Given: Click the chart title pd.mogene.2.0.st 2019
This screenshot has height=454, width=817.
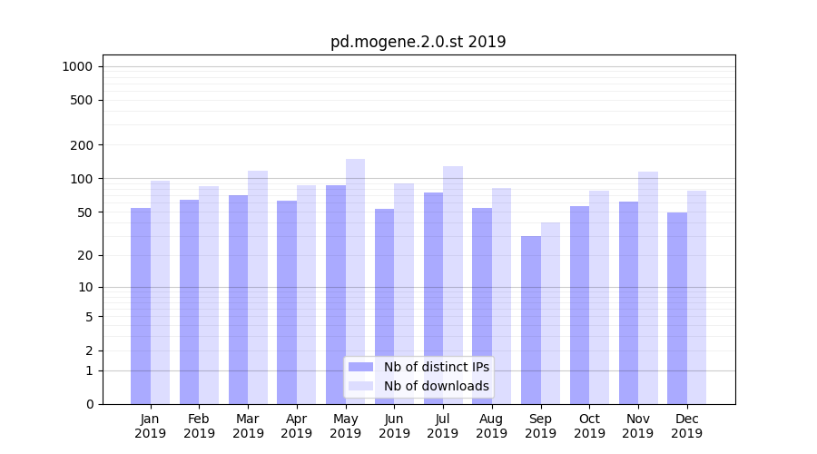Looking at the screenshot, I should pos(418,42).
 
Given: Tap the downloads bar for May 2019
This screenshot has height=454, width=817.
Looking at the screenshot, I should pos(355,281).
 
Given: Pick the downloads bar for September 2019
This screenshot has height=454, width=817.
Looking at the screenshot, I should pos(550,313).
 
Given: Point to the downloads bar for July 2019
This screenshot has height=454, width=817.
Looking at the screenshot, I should pos(453,285).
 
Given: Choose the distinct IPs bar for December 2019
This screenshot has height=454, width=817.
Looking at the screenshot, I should pos(677,308).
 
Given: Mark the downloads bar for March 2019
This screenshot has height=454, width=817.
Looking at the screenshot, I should pos(258,287).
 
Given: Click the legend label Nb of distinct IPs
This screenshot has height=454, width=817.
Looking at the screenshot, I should pos(436,367).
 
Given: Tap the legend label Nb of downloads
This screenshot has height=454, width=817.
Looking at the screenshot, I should pos(436,386).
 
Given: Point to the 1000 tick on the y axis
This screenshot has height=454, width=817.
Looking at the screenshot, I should pos(77,66).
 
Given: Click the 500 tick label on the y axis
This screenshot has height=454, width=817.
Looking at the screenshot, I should pos(82,100).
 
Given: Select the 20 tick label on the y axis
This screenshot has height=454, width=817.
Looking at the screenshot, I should pos(85,255).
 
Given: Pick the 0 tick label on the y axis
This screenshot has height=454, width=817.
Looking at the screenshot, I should pos(89,404).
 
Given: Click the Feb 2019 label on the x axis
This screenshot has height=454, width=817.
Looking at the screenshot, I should pos(199,426).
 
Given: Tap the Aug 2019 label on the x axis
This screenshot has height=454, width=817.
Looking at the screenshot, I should pos(491,426).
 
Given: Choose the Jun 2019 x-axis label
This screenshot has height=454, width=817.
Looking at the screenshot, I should pos(394,426).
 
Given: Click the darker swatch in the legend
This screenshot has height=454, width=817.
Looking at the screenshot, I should pos(360,367).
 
